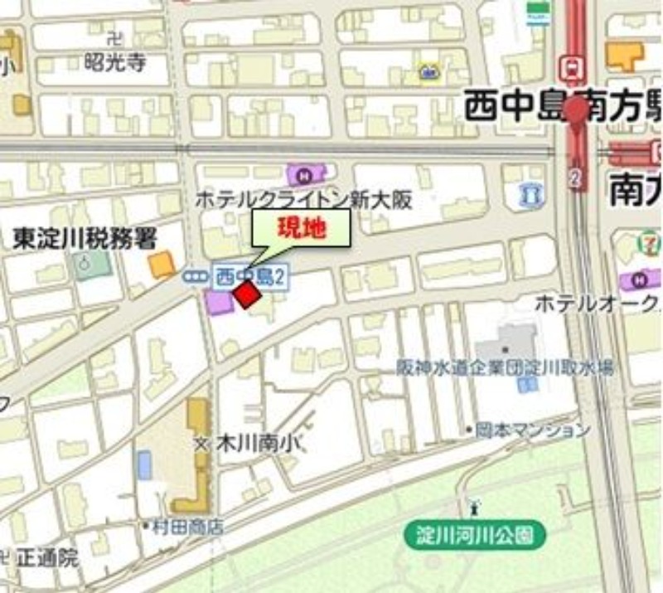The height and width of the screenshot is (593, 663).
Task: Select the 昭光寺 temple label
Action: (115, 63)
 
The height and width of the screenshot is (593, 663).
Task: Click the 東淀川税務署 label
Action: (85, 240)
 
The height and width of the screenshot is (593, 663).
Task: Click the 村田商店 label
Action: (186, 526)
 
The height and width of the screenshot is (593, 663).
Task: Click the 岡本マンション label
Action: (532, 430)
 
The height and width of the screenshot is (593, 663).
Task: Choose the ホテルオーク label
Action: (597, 304)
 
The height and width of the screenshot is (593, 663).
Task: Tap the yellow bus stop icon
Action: (428, 72)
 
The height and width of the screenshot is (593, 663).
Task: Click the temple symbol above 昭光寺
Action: (115, 38)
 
